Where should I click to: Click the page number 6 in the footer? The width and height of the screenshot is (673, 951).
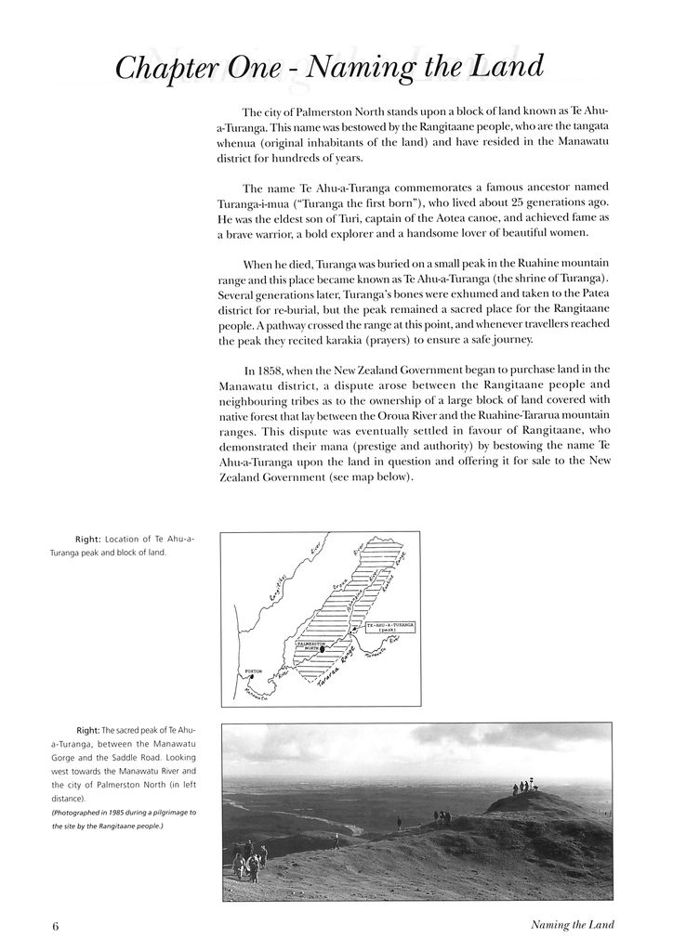point(56,926)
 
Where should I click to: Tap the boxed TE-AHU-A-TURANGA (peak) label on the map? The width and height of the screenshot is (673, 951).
point(389,629)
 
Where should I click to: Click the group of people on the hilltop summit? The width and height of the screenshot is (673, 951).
point(524,788)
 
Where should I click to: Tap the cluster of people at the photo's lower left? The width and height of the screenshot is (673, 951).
point(250,861)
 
